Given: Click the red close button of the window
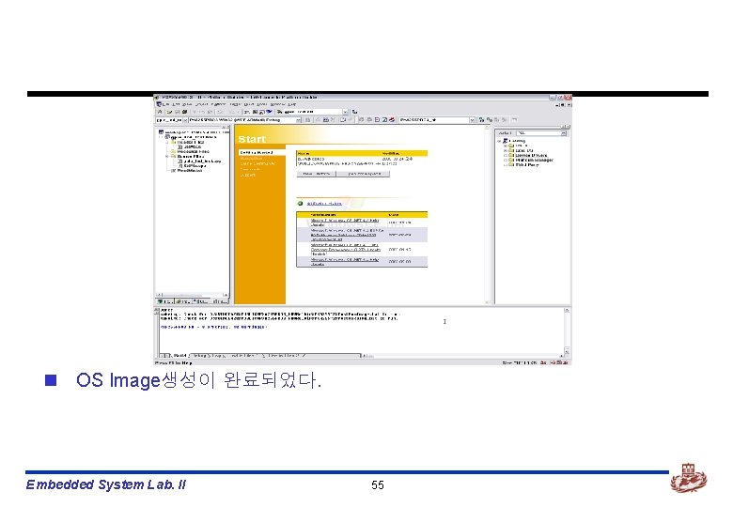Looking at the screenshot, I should (568, 97).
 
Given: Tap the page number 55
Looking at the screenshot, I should (378, 484).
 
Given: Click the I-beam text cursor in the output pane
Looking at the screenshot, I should (444, 322).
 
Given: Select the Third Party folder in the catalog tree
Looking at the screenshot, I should (523, 165).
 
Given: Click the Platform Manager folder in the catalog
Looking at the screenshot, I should (531, 160).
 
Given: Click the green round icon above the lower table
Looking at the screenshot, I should (300, 202).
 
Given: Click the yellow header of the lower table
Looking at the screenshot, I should (361, 213).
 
